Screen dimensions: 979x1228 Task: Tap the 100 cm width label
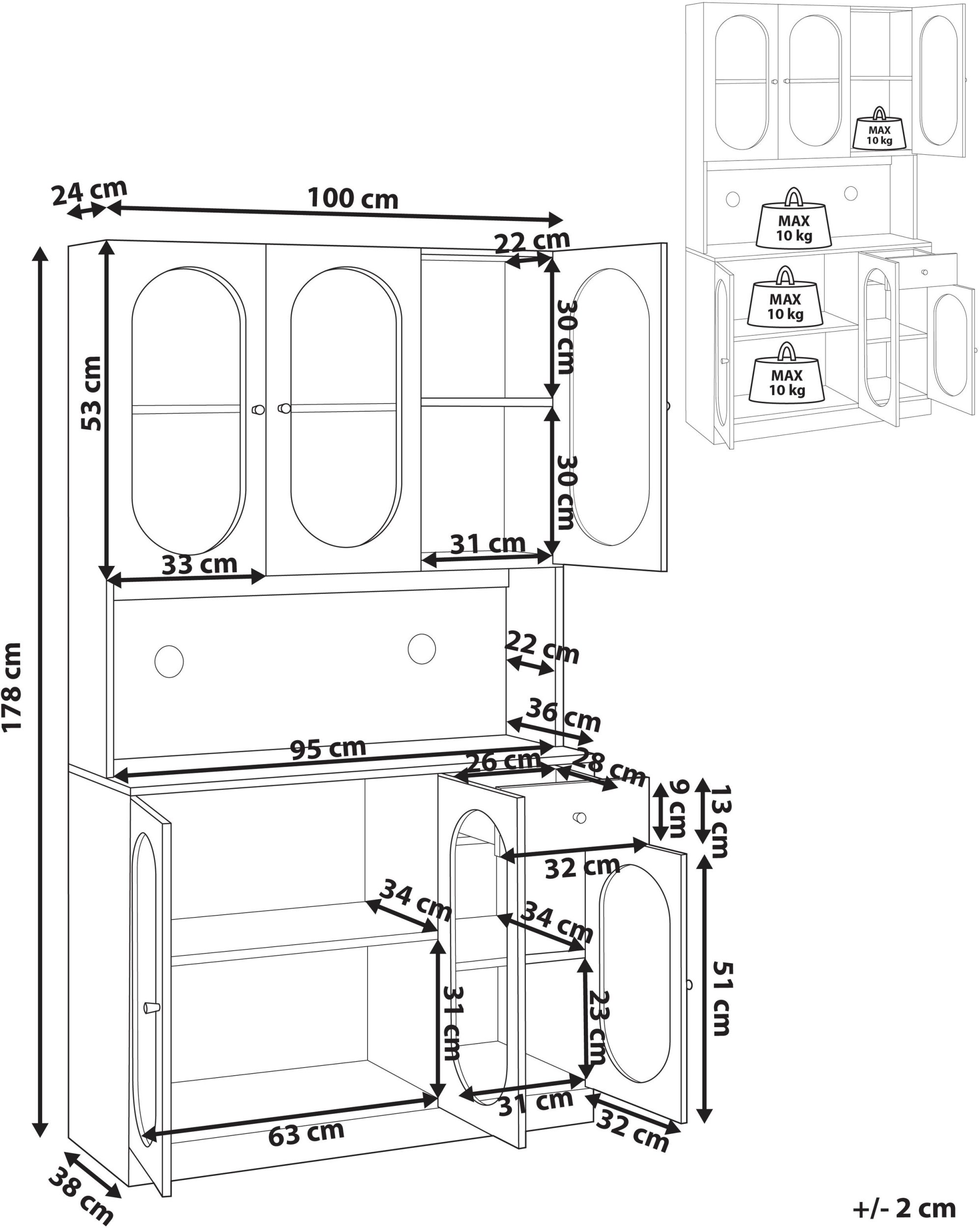coord(353,198)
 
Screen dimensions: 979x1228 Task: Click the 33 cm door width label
coord(200,564)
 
